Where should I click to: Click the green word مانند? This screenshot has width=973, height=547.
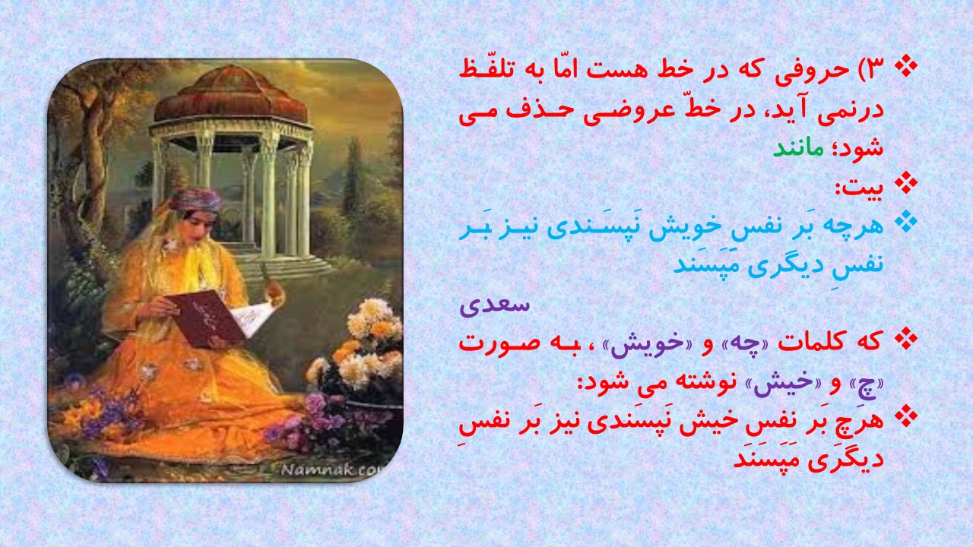[x=798, y=148]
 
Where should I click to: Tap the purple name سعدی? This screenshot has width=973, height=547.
[x=495, y=305]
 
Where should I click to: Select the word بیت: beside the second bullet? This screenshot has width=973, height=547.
[x=859, y=188]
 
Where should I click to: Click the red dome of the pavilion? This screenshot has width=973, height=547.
[x=232, y=96]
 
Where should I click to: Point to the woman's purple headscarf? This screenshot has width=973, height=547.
[x=197, y=200]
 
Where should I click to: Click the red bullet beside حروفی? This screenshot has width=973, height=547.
[x=906, y=66]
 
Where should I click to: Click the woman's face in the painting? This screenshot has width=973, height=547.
[x=192, y=226]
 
